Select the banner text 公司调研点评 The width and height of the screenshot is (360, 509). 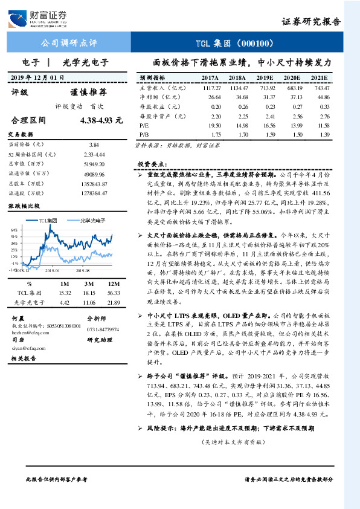click(x=68, y=44)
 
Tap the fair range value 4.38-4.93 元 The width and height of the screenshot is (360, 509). click(x=97, y=120)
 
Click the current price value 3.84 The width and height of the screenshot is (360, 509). click(x=93, y=146)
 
